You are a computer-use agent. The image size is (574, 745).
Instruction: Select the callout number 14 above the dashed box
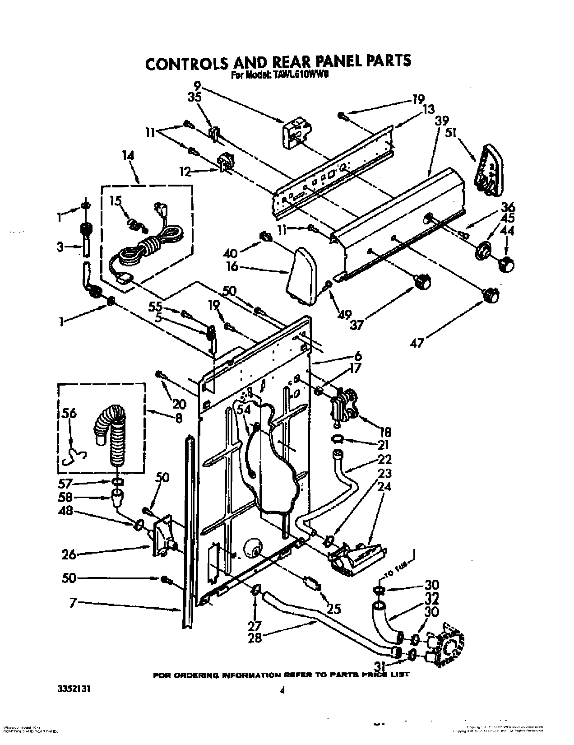pos(128,155)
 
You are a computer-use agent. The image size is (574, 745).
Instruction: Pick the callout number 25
pos(334,610)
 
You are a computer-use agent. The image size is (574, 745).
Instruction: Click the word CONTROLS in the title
pos(187,63)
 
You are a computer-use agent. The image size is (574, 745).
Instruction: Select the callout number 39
pos(441,121)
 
